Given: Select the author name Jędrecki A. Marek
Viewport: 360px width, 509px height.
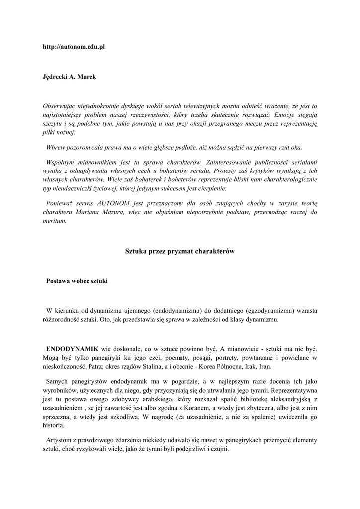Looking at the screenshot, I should pyautogui.click(x=69, y=77).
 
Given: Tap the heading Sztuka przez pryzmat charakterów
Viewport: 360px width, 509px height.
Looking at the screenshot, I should pyautogui.click(x=180, y=252).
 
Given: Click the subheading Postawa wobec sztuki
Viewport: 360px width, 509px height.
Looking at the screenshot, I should pyautogui.click(x=77, y=281).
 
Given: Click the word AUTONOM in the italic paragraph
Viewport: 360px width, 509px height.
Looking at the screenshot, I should pyautogui.click(x=107, y=204).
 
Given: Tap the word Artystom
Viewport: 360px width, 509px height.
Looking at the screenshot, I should pyautogui.click(x=61, y=440).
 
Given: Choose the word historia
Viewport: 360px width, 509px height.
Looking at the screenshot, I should pyautogui.click(x=53, y=425).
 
